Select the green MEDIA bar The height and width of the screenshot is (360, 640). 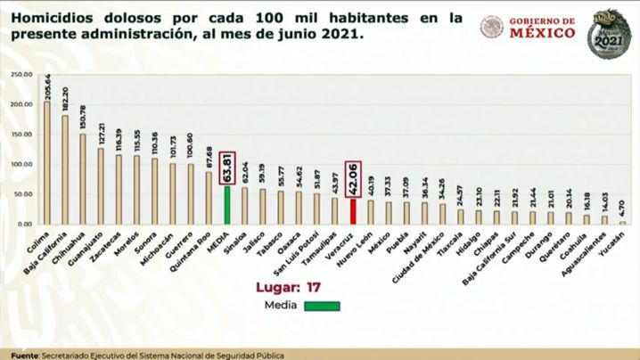[x=226, y=205]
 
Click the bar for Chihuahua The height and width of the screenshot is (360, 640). [x=82, y=179]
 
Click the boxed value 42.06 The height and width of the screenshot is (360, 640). [x=354, y=181]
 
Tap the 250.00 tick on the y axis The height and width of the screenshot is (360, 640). [x=21, y=75]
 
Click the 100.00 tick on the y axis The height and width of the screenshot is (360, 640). [x=21, y=165]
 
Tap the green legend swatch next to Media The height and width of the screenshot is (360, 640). [x=326, y=306]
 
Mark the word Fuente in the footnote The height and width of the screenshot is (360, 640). [x=18, y=355]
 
